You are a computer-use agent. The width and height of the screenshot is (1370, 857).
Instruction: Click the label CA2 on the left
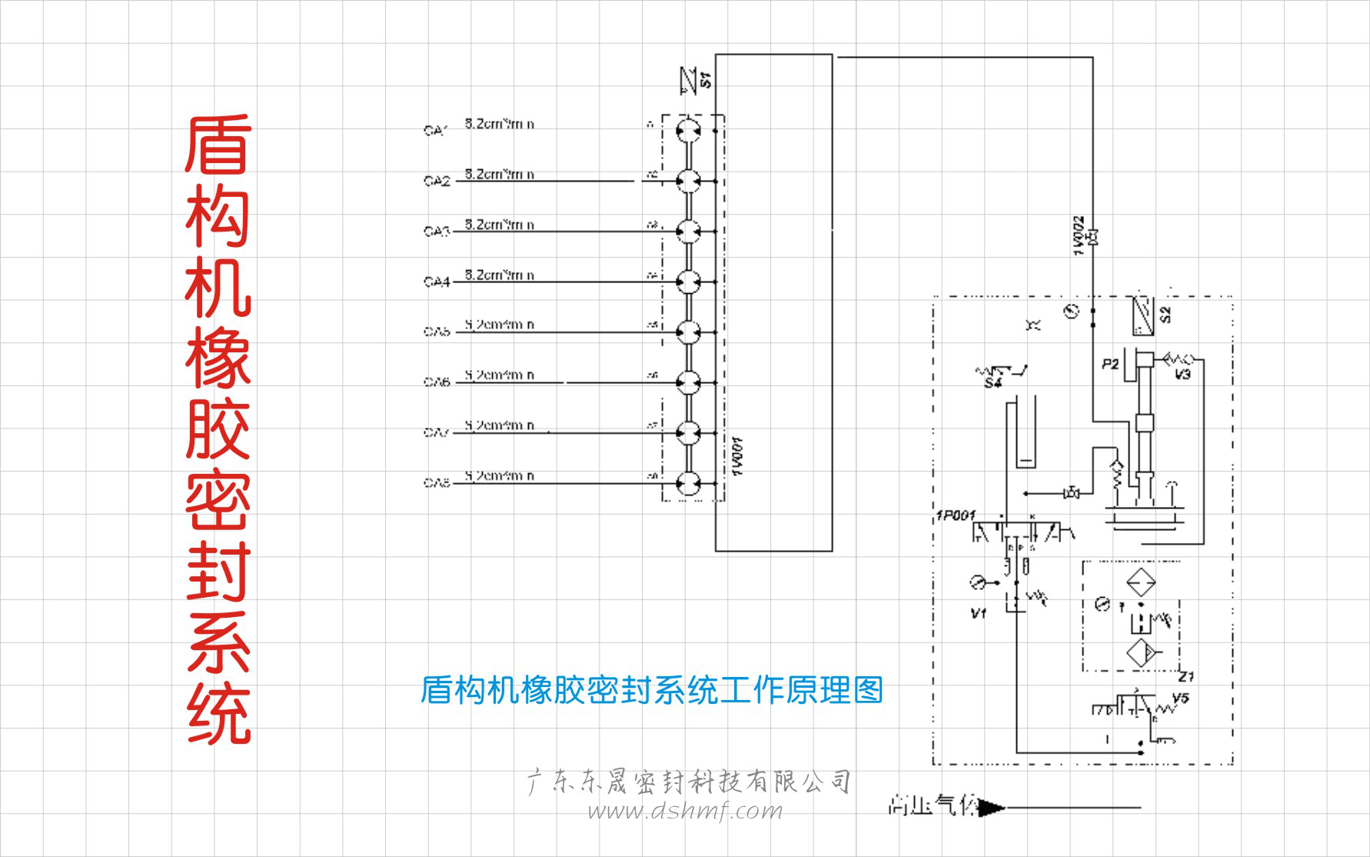(436, 181)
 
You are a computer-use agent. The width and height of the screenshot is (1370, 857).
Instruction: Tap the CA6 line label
(436, 382)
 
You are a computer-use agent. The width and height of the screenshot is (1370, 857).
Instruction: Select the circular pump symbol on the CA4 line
(689, 282)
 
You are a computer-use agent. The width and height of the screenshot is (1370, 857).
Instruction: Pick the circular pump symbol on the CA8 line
(689, 483)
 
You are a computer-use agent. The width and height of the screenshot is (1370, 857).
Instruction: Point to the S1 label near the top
(706, 79)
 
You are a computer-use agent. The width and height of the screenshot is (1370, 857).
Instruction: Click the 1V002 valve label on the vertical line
(1079, 235)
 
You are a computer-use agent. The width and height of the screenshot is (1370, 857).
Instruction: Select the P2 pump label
(1109, 364)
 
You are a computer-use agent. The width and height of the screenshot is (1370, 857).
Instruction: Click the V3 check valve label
(1182, 375)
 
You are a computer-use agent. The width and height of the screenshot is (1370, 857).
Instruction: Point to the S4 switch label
(993, 383)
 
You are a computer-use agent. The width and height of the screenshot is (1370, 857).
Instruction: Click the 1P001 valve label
(956, 515)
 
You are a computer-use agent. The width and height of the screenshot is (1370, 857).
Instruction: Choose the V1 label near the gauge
(978, 613)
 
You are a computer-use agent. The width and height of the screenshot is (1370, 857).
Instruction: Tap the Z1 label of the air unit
(1186, 676)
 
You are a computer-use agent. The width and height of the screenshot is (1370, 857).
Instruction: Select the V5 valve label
(1181, 698)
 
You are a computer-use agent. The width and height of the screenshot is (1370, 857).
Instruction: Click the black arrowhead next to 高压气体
(993, 808)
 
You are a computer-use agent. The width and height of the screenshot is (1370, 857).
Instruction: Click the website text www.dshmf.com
(685, 811)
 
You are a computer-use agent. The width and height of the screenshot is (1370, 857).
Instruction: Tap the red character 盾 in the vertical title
(218, 145)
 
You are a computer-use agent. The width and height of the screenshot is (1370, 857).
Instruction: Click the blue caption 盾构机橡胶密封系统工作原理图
(652, 690)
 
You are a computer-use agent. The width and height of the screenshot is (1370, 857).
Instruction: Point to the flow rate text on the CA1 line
(499, 124)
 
